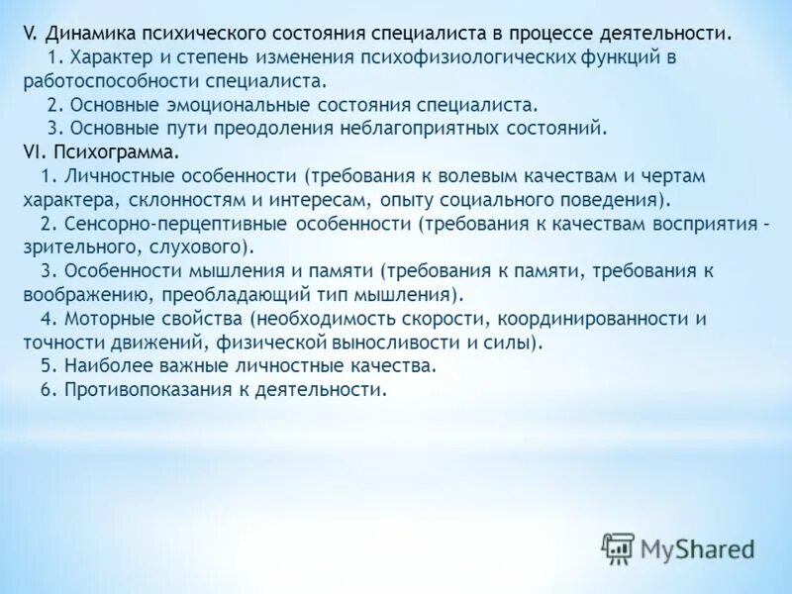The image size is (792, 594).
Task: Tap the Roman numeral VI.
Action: point(33,153)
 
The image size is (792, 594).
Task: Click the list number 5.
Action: point(48,366)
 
